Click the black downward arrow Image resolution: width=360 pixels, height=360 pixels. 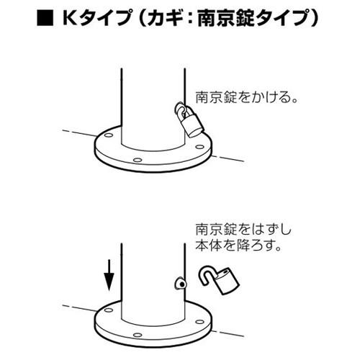[x=108, y=274]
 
